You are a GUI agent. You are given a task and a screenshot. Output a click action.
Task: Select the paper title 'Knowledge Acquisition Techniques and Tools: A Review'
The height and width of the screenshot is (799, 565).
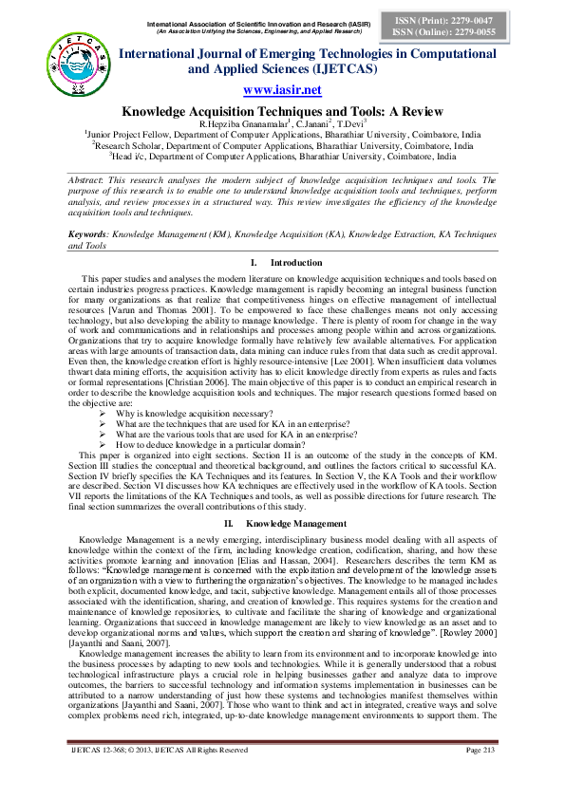[x=282, y=110]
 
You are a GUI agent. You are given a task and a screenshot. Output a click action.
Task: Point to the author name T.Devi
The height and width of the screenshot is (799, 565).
[x=346, y=123]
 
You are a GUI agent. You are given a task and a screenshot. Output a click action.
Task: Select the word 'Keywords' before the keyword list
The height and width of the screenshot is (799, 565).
[x=88, y=233]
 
